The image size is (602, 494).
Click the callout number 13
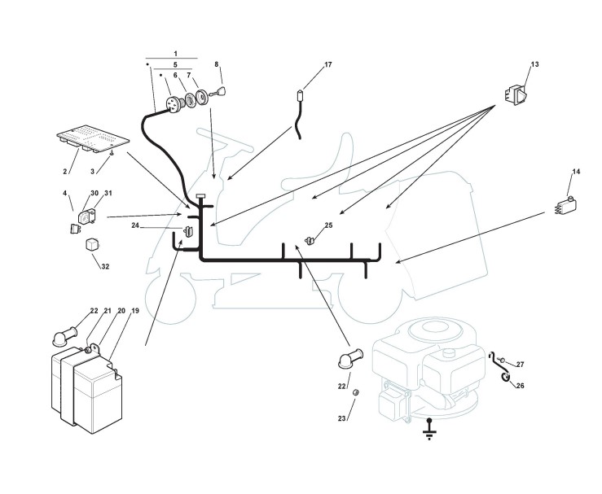[x=534, y=63]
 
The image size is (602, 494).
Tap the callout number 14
[x=576, y=172]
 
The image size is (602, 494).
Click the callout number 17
[x=305, y=65]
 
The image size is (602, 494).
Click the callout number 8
[x=217, y=63]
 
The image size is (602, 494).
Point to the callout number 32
[x=106, y=267]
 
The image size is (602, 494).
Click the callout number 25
[x=328, y=225]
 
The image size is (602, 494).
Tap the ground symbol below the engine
[x=430, y=429]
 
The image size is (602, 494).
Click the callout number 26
[x=520, y=385]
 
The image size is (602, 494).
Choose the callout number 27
[x=520, y=364]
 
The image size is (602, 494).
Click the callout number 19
[x=134, y=312]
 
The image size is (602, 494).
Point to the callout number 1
[x=175, y=53]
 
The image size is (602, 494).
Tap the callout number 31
[x=108, y=193]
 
